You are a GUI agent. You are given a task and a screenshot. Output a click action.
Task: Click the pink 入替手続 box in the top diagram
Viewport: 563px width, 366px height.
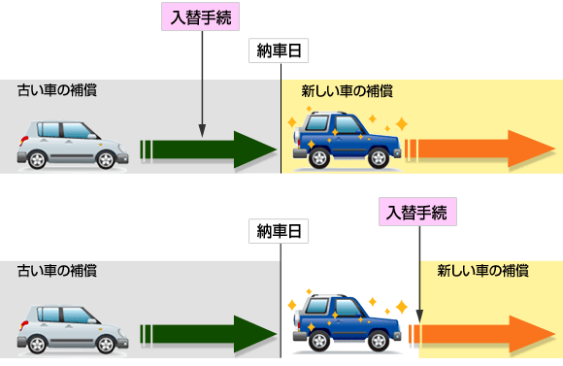pyautogui.click(x=200, y=17)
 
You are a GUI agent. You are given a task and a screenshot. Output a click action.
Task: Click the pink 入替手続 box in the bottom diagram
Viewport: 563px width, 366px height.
pyautogui.click(x=417, y=212)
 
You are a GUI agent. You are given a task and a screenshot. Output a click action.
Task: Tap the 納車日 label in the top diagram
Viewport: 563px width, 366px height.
pyautogui.click(x=279, y=50)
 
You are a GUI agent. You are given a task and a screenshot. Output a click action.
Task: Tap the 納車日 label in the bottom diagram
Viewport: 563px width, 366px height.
pyautogui.click(x=279, y=231)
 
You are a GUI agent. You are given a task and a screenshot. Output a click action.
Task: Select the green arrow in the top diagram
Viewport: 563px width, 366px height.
pyautogui.click(x=209, y=150)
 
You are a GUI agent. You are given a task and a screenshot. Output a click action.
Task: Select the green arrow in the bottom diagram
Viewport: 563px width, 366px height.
pyautogui.click(x=209, y=334)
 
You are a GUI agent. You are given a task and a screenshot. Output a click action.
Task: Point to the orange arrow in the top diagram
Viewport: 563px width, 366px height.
pyautogui.click(x=480, y=149)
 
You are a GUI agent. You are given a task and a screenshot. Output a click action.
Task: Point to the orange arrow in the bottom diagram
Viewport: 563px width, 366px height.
pyautogui.click(x=481, y=334)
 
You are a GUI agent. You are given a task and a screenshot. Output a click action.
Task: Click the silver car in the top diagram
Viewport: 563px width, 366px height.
pyautogui.click(x=73, y=145)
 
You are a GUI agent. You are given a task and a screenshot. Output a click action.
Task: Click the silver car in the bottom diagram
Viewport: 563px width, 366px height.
pyautogui.click(x=73, y=330)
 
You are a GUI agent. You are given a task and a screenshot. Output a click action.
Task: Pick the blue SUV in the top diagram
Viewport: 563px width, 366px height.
pyautogui.click(x=347, y=140)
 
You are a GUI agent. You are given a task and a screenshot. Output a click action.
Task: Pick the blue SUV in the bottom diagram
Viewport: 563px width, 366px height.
pyautogui.click(x=347, y=323)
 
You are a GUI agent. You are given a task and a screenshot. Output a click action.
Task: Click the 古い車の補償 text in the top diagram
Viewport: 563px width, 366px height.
pyautogui.click(x=57, y=90)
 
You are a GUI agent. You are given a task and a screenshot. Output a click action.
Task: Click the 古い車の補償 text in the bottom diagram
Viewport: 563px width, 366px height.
pyautogui.click(x=57, y=271)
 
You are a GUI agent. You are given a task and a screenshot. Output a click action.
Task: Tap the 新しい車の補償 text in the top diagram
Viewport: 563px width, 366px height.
pyautogui.click(x=347, y=91)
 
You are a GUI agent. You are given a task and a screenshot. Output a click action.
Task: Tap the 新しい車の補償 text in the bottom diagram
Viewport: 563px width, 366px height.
pyautogui.click(x=483, y=271)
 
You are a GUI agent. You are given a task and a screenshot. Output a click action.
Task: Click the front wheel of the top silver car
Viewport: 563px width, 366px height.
pyautogui.click(x=106, y=160)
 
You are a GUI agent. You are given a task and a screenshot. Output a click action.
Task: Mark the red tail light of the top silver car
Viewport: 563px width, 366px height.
pyautogui.click(x=23, y=141)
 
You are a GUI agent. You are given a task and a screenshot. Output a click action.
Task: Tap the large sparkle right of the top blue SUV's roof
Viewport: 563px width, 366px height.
pyautogui.click(x=402, y=124)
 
